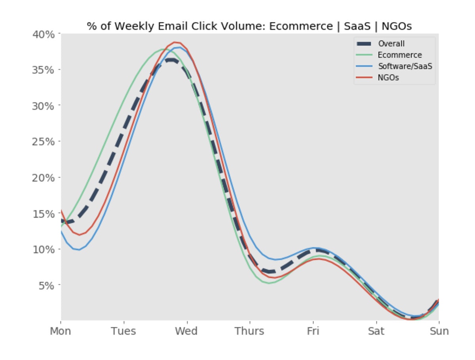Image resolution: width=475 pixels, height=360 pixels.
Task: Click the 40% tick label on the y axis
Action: click(44, 34)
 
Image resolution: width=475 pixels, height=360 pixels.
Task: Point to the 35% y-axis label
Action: click(44, 70)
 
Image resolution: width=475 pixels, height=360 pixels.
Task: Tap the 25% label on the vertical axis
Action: click(44, 141)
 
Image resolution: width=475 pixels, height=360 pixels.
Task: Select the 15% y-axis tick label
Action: click(44, 213)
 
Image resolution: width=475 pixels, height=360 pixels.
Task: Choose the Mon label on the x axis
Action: click(61, 331)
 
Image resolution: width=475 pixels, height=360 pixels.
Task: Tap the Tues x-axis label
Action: click(123, 331)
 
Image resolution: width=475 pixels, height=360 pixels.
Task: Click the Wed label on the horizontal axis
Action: click(186, 331)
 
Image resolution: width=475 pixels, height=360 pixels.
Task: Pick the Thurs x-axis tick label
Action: click(249, 331)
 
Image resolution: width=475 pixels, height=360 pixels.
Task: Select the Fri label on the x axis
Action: click(313, 331)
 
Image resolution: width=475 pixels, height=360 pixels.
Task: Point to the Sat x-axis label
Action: click(376, 331)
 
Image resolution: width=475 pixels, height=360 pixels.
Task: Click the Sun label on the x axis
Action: click(439, 331)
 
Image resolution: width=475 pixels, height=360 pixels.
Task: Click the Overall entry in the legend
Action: click(391, 44)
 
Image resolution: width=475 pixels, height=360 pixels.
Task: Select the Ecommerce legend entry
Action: click(399, 55)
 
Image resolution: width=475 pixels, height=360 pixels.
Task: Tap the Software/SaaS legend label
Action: click(405, 66)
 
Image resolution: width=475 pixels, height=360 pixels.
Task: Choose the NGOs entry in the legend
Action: click(388, 78)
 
